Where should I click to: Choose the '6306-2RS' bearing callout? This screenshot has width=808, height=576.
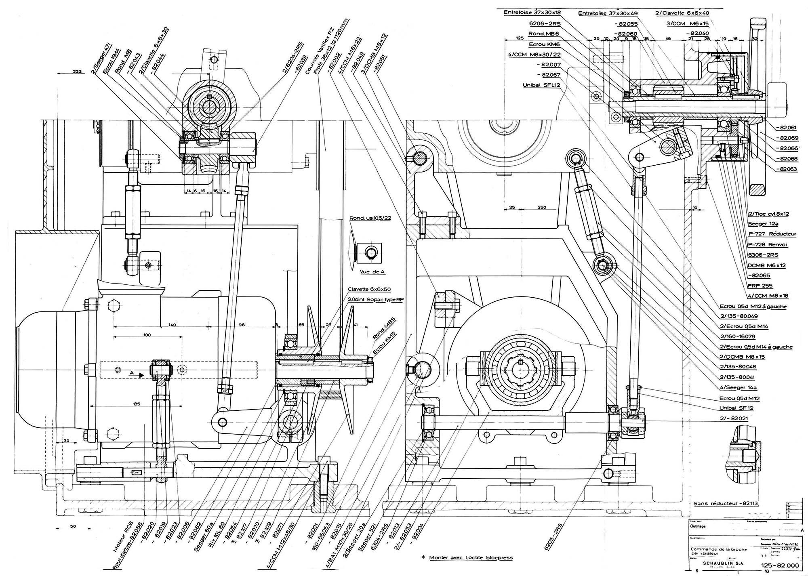pos(763,255)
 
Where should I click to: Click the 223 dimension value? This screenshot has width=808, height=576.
pos(78,72)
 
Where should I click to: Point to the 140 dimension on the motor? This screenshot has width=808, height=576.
pos(173,324)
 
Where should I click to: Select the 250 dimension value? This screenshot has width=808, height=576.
pos(542,207)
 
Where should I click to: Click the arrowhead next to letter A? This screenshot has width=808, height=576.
pos(141,375)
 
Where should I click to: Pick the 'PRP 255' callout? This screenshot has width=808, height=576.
pos(759,286)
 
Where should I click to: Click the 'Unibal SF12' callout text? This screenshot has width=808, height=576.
pos(736,408)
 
